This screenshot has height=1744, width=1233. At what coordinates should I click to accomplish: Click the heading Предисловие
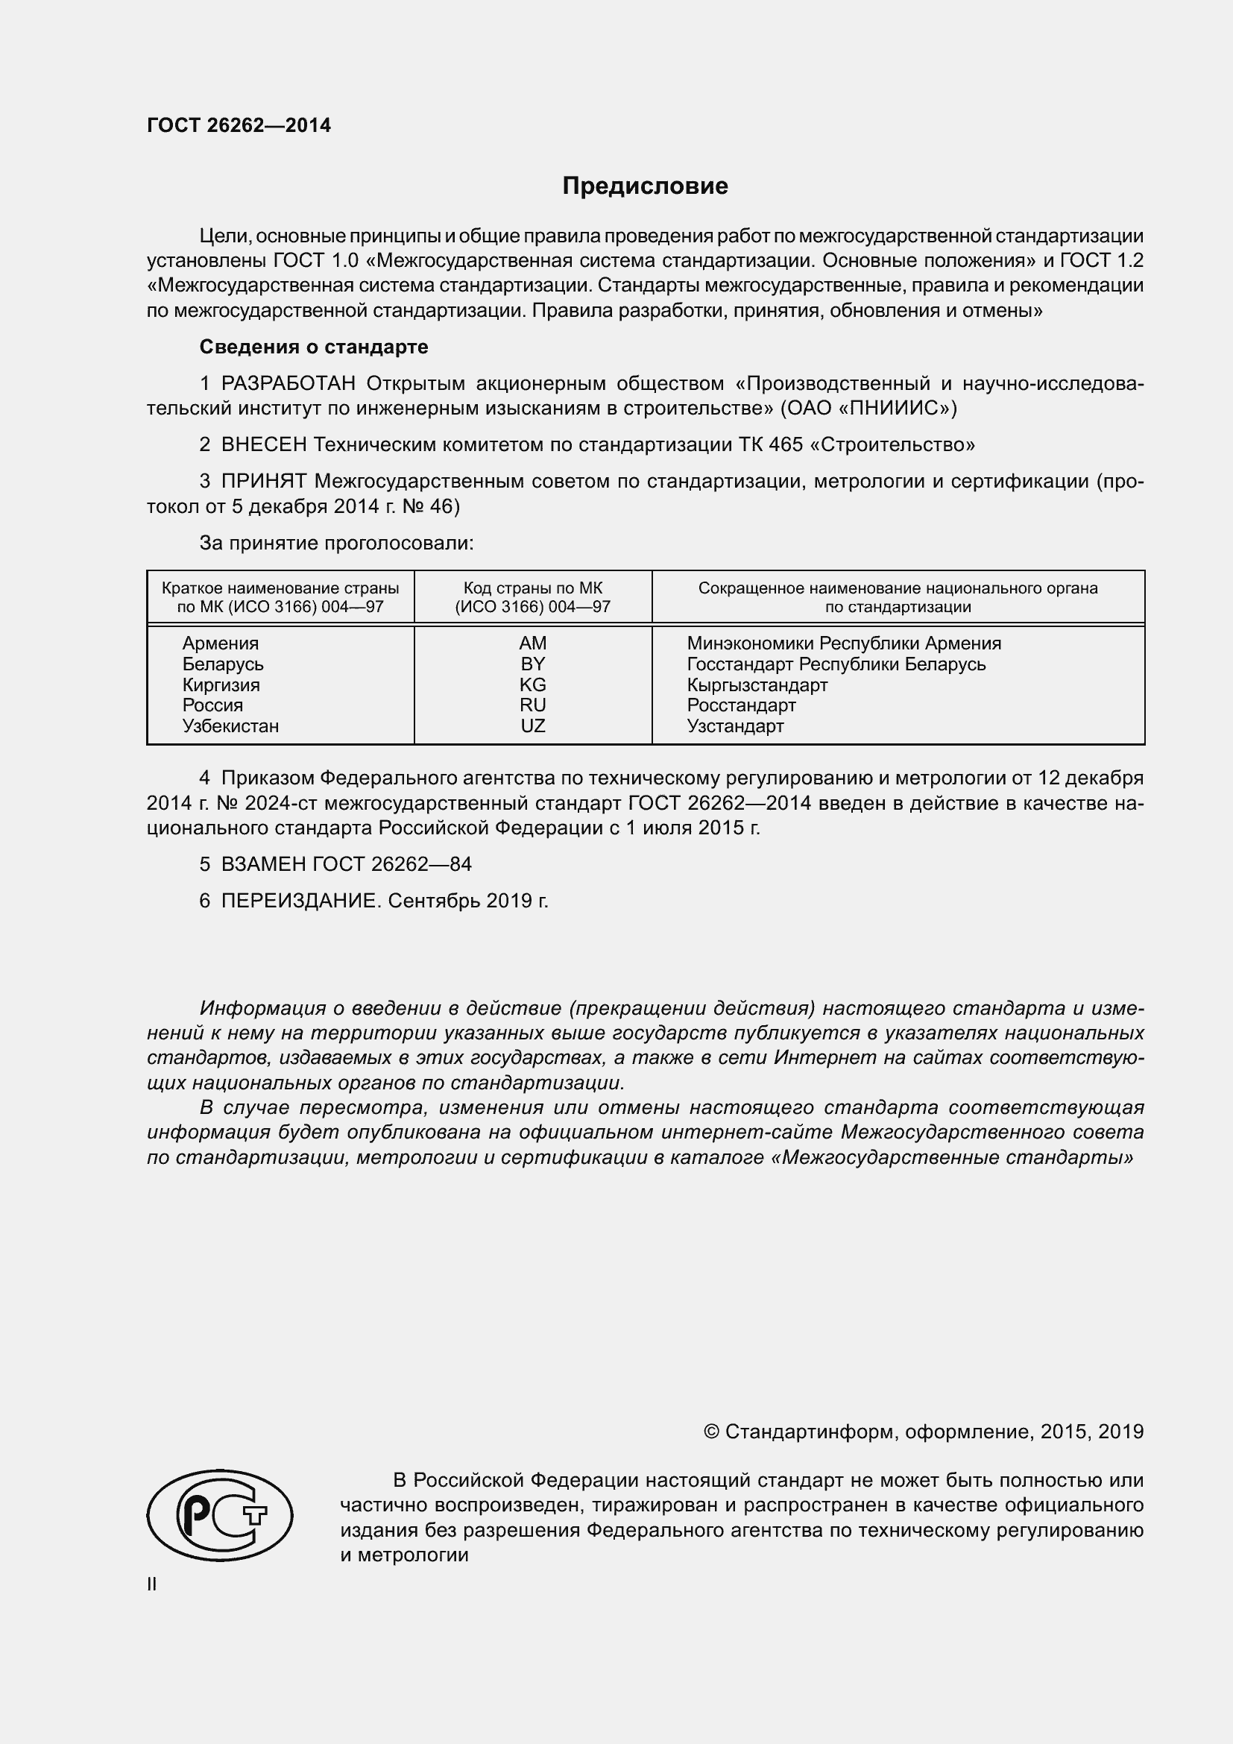tap(645, 186)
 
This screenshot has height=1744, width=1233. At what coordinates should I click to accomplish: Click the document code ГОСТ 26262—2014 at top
tap(239, 126)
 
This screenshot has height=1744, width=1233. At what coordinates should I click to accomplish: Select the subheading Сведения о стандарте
tap(314, 347)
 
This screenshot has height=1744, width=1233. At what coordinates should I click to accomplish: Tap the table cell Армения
tap(220, 643)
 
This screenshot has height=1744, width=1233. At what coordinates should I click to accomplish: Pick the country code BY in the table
tap(532, 664)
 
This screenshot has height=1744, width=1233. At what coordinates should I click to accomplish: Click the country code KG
tap(532, 684)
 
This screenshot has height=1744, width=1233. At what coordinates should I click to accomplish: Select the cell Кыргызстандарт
tap(757, 685)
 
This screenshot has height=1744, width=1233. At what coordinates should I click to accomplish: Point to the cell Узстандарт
tap(735, 726)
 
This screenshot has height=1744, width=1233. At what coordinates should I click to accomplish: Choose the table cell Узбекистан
tap(230, 726)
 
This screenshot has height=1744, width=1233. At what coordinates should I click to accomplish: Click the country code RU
tap(532, 705)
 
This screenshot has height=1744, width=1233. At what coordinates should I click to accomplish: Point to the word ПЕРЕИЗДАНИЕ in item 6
tap(298, 901)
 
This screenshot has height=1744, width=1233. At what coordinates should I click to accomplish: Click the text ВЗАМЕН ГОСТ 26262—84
tap(346, 864)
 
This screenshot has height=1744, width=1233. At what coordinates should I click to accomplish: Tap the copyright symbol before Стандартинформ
tap(711, 1432)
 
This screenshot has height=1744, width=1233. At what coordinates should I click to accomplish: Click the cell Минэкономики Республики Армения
tap(844, 643)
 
